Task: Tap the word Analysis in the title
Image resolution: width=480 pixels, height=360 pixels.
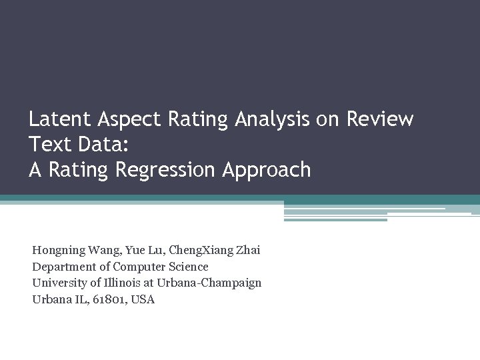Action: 272,119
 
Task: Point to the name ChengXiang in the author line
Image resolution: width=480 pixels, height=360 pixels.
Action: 200,251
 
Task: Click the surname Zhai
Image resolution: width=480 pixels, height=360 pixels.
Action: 247,251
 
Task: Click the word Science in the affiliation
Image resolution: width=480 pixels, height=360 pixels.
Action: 187,267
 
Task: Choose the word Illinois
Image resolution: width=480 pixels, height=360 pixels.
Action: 117,283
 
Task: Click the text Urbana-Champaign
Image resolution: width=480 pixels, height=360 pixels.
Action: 208,283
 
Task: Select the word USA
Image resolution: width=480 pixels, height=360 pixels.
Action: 143,299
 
